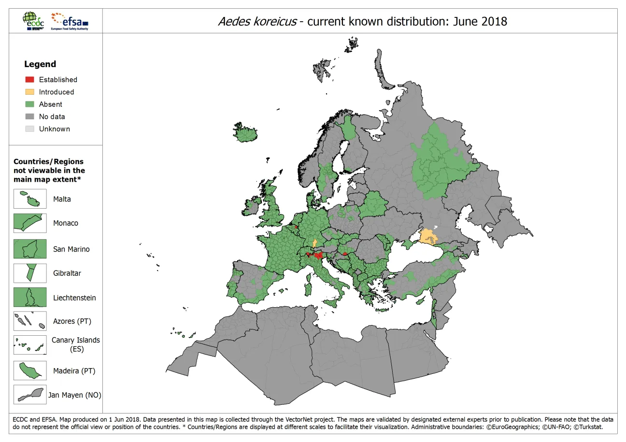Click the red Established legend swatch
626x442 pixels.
click(x=30, y=80)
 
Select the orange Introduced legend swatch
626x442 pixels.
click(x=30, y=92)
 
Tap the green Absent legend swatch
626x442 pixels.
click(x=30, y=104)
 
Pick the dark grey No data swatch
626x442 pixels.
click(x=30, y=116)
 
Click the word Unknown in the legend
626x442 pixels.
click(x=55, y=129)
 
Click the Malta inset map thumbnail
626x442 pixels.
click(x=30, y=199)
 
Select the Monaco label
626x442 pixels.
click(x=66, y=223)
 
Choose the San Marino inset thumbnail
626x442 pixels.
click(x=30, y=249)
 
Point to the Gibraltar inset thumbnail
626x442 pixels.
click(x=30, y=273)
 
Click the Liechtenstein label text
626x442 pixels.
click(x=74, y=298)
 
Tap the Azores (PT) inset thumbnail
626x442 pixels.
click(x=30, y=321)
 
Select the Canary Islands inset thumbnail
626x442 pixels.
click(x=30, y=345)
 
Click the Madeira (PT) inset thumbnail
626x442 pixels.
click(x=30, y=371)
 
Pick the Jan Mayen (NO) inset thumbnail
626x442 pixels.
click(x=30, y=395)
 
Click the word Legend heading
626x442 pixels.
click(x=40, y=64)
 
